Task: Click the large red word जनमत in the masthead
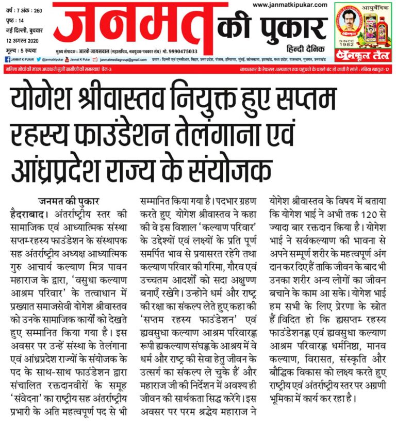133,26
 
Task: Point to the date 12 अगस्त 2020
23,41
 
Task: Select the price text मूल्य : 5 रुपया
22,51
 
